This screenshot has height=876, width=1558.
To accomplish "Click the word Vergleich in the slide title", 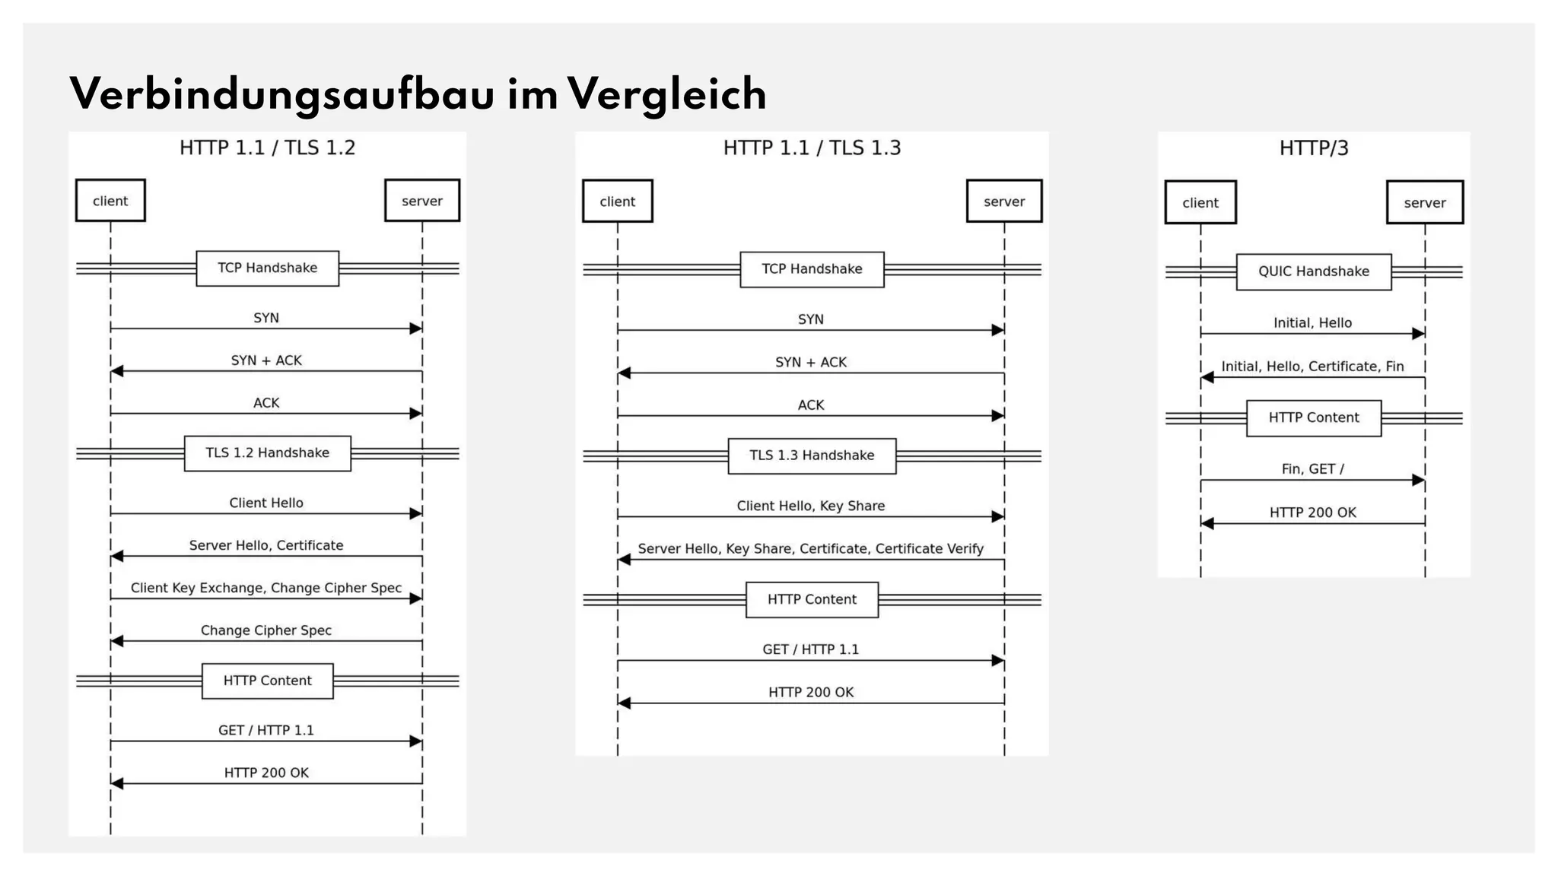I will click(666, 94).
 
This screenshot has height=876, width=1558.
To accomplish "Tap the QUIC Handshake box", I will click(1313, 271).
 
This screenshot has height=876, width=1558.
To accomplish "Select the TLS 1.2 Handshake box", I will click(267, 453).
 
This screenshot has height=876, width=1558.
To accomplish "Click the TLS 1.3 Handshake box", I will click(812, 455).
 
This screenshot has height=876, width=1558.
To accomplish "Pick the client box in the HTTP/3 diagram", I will click(1200, 202).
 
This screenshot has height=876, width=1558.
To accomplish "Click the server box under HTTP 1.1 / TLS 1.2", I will click(421, 201).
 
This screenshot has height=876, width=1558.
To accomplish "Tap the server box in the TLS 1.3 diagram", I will click(1003, 202).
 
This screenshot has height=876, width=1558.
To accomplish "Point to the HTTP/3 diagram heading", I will click(1313, 148).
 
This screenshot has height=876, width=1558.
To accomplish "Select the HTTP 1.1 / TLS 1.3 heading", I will click(812, 148).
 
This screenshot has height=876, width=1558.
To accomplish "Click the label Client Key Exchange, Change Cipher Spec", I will click(265, 588).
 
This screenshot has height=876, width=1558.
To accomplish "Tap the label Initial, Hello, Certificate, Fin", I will click(1312, 367).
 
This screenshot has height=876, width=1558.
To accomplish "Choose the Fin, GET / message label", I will click(1312, 469).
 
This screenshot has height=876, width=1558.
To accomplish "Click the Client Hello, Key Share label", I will click(810, 506).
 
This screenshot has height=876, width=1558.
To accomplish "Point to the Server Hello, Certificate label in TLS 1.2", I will click(265, 545).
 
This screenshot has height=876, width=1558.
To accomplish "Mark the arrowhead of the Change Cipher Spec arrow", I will click(116, 641).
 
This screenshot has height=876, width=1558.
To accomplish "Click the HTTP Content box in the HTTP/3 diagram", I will click(1313, 417).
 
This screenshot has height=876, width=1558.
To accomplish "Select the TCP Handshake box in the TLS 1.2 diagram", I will click(267, 268).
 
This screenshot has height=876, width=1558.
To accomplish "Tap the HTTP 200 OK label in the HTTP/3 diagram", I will click(1312, 513).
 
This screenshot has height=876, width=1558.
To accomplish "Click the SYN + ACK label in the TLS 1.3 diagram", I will click(810, 362).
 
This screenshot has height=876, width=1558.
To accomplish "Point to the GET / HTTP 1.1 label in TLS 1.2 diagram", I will click(265, 730).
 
